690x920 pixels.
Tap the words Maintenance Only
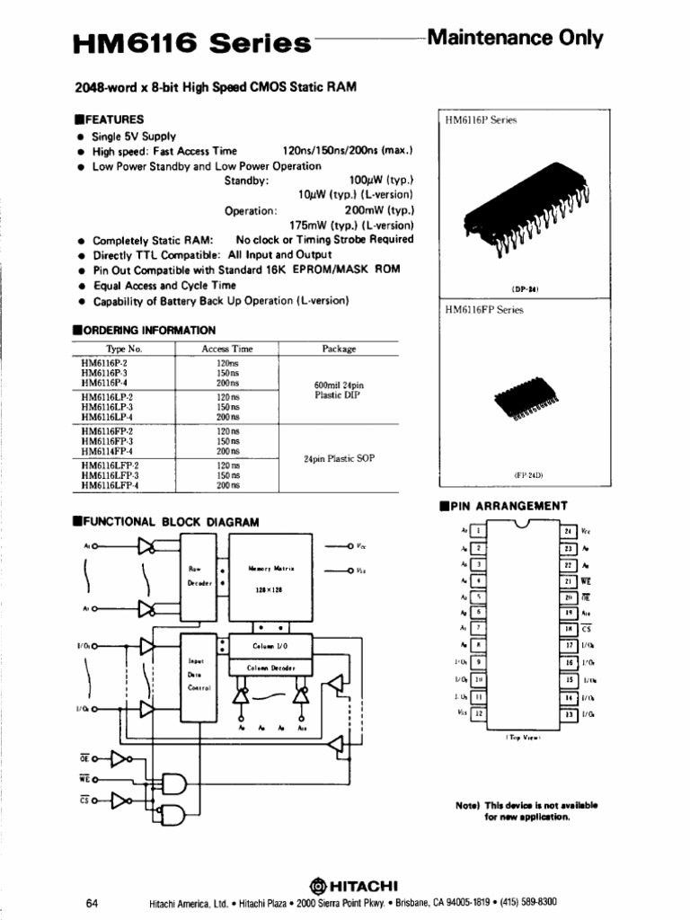[515, 38]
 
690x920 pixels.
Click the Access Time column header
[227, 349]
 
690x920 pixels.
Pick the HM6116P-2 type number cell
[107, 362]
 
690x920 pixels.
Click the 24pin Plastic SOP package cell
[339, 458]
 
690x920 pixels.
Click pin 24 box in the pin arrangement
[568, 531]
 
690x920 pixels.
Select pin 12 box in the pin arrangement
[479, 713]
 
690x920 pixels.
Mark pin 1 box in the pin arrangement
[479, 531]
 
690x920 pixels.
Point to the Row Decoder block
[199, 575]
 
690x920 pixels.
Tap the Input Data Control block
[199, 674]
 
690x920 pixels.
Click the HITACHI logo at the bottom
[346, 883]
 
